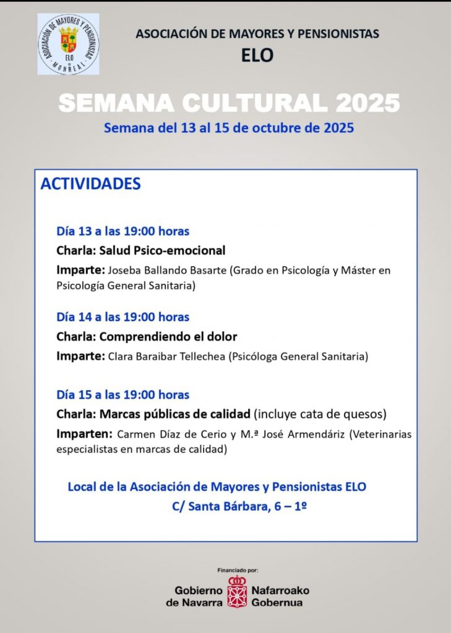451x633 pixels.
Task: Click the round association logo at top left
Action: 68,44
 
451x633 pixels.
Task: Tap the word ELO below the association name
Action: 257,56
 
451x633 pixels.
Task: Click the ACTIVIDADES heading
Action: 90,184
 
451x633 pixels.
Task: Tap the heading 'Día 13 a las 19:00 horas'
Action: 122,231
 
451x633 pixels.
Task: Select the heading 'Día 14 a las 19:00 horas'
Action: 122,317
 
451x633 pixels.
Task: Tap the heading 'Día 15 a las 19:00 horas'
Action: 122,394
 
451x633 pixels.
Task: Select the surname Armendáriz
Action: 313,434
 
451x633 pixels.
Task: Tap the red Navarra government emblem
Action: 237,592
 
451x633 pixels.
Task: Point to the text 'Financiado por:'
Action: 238,569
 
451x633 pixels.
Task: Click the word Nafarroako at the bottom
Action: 280,590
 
